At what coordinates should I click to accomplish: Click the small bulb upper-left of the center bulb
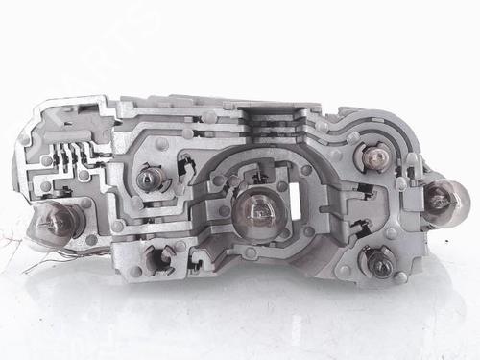pyautogui.click(x=149, y=180)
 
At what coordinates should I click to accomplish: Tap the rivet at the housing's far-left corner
pyautogui.click(x=25, y=140)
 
